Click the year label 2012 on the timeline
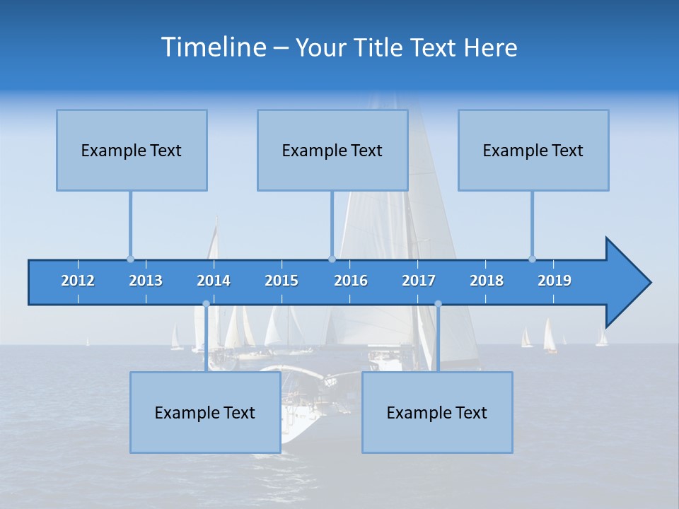click(78, 281)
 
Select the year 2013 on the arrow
click(146, 281)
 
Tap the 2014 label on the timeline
click(214, 281)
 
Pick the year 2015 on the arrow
click(282, 281)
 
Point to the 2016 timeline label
click(351, 281)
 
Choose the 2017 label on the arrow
click(419, 281)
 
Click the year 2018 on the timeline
click(487, 281)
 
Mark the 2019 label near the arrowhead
click(555, 281)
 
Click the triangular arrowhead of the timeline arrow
click(627, 282)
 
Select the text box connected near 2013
click(132, 150)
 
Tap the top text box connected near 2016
click(332, 150)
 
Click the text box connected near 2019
click(533, 150)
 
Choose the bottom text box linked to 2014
click(205, 412)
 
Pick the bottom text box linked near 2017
click(437, 412)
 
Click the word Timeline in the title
click(213, 47)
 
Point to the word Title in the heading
click(381, 48)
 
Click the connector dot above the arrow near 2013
click(130, 259)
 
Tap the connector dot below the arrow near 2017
click(438, 304)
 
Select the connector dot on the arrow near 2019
click(532, 259)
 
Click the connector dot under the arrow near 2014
click(206, 304)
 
